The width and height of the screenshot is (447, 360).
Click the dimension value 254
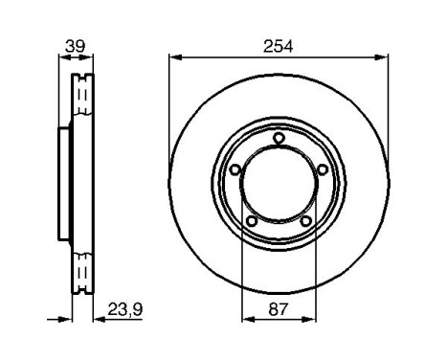[278, 46]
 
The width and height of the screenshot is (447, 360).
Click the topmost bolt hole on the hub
[278, 138]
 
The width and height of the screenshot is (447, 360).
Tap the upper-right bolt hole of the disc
[322, 169]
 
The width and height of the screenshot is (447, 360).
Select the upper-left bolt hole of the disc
[235, 169]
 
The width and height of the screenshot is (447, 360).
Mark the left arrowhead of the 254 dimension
[173, 57]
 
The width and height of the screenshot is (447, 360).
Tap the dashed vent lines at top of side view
[82, 96]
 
